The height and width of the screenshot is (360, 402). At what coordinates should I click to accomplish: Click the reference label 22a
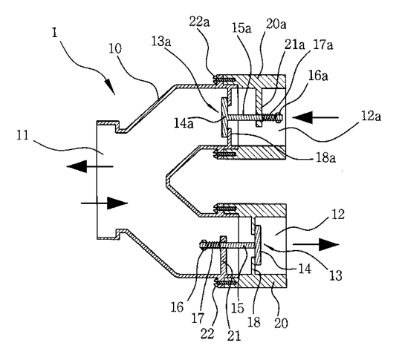tap(199, 22)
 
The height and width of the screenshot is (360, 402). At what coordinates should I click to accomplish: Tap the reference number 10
tap(115, 49)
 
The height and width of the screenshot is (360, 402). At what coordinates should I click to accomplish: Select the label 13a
tap(161, 42)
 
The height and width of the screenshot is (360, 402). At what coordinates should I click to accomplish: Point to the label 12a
tap(372, 117)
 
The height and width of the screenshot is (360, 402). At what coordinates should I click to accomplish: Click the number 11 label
tap(22, 135)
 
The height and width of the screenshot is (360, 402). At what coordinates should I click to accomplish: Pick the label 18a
tap(325, 158)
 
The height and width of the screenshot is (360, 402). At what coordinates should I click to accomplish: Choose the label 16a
tap(318, 76)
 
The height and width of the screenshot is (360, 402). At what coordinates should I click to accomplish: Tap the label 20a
tap(276, 24)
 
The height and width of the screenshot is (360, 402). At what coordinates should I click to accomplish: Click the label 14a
tap(184, 123)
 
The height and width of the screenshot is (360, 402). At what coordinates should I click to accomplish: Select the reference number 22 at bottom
tap(207, 333)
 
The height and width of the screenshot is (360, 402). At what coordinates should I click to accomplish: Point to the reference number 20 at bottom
tap(281, 324)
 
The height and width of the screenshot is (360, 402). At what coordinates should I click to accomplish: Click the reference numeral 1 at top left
tap(54, 33)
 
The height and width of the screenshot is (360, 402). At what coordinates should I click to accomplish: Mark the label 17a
tap(323, 45)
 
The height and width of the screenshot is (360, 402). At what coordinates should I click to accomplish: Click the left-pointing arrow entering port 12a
tap(315, 117)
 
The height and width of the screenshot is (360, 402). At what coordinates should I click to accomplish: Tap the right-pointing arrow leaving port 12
tap(316, 244)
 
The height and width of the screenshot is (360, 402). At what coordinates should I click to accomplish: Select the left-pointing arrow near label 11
tap(90, 167)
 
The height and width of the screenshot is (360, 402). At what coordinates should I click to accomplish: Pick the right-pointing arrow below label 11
tap(104, 203)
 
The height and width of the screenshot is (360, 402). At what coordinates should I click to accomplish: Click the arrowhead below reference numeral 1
tap(110, 86)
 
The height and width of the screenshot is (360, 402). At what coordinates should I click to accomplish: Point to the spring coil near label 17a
tap(270, 117)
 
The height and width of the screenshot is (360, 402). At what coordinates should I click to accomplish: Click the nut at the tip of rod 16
tap(203, 244)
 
